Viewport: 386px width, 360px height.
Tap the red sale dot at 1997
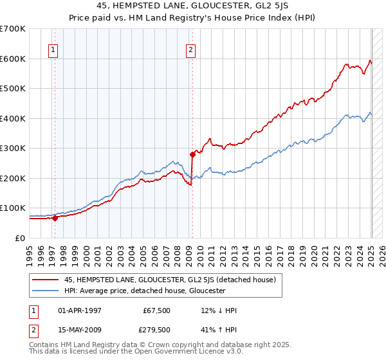tap(55, 218)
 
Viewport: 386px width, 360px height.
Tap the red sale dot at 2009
tap(192, 154)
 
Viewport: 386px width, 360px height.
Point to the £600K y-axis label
tap(13, 59)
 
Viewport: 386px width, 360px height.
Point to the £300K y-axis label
tap(13, 148)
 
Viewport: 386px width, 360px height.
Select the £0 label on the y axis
tap(19, 238)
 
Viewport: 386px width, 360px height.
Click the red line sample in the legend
tap(45, 280)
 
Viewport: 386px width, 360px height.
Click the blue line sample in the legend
tap(45, 291)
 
